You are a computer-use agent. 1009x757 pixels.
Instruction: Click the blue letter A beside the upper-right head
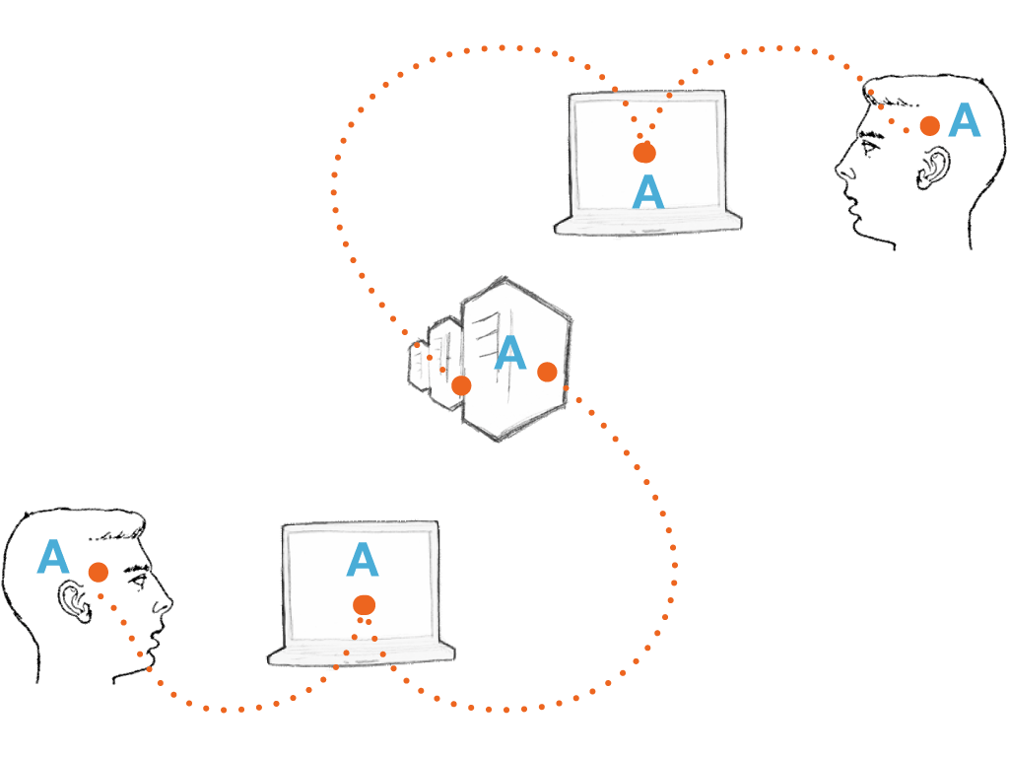click(x=964, y=121)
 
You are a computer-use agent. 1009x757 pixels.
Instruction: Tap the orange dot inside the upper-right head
click(x=929, y=125)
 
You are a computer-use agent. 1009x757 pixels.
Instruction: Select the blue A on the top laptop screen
click(x=647, y=192)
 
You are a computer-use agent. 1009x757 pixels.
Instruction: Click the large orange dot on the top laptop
click(x=644, y=153)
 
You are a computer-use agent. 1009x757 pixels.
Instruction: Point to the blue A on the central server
click(x=509, y=354)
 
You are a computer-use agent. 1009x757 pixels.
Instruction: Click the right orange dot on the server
click(x=547, y=372)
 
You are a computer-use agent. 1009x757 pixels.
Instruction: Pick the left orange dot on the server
click(x=461, y=385)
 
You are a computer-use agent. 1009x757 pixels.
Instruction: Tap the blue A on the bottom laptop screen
click(x=363, y=560)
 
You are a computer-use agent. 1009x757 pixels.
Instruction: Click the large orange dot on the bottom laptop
click(x=364, y=604)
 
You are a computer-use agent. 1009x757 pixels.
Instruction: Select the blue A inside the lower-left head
click(x=52, y=558)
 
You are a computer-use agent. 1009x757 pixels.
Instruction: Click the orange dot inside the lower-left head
click(x=98, y=572)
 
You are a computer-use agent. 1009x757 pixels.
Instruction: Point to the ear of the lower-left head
click(x=72, y=597)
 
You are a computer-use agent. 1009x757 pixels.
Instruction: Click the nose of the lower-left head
click(x=167, y=598)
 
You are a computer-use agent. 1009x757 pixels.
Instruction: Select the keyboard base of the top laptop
click(x=647, y=223)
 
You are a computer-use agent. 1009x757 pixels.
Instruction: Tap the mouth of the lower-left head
click(x=156, y=631)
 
